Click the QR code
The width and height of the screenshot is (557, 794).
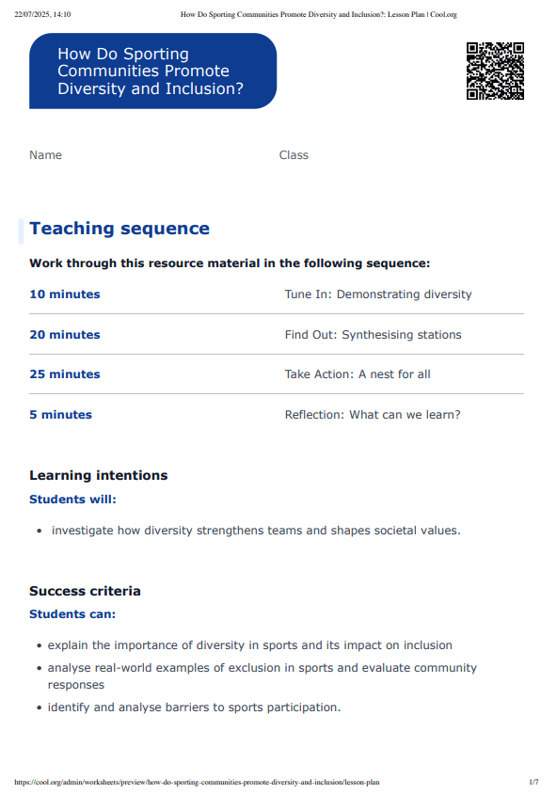[x=495, y=71]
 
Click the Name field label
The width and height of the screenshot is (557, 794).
[x=45, y=155]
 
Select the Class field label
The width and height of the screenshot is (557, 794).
[x=294, y=155]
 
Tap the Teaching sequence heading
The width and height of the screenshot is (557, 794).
[x=119, y=229]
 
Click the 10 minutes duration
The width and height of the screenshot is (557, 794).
[x=65, y=294]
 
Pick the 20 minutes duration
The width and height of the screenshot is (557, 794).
[x=65, y=335]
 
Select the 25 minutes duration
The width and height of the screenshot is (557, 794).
[x=65, y=374]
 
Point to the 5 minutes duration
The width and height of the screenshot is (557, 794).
[x=61, y=415]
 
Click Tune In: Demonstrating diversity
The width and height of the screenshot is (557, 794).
[x=378, y=294]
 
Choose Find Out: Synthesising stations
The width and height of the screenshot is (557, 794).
[x=374, y=335]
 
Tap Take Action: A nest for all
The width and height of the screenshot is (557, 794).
[x=358, y=374]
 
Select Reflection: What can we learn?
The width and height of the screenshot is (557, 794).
[x=373, y=415]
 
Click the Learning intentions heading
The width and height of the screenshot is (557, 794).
[x=99, y=476]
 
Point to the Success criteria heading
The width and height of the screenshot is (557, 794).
[x=85, y=592]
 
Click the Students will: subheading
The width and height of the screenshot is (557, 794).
[x=73, y=500]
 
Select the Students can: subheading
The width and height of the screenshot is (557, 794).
[x=72, y=614]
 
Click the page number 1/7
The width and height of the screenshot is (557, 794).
[x=533, y=782]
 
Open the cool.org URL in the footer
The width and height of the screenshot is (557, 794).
[x=198, y=782]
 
